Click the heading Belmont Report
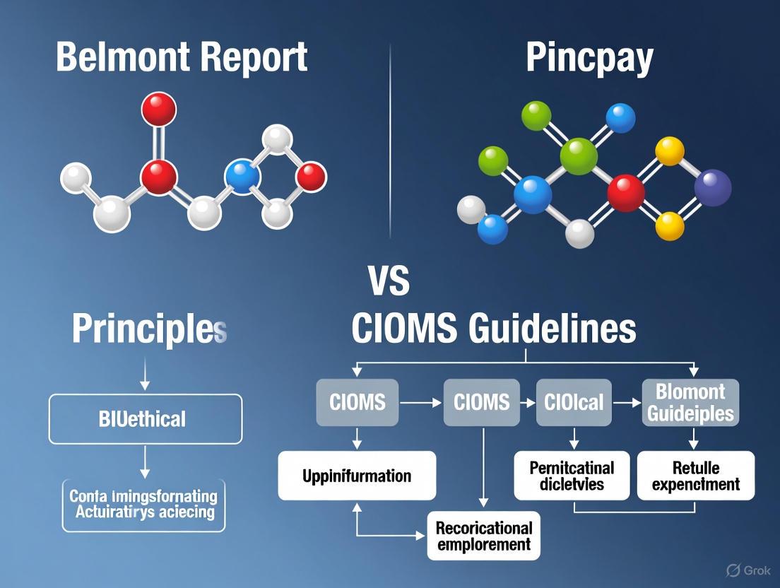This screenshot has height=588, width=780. (x=182, y=57)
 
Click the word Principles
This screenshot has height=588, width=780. (x=149, y=329)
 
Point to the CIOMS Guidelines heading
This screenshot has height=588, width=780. (x=493, y=329)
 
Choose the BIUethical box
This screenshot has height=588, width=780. (x=145, y=419)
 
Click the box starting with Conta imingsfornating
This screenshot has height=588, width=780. (x=143, y=505)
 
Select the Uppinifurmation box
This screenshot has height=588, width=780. (x=357, y=476)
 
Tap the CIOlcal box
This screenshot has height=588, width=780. (x=574, y=402)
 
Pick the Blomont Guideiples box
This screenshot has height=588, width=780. (x=690, y=402)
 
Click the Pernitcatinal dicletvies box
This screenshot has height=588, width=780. (x=572, y=476)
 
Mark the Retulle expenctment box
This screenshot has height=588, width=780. (x=695, y=476)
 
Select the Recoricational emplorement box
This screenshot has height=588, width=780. (x=483, y=536)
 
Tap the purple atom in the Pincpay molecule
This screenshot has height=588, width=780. (x=712, y=188)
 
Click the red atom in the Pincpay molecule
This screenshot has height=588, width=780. (x=625, y=192)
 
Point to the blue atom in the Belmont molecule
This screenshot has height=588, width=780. (x=241, y=177)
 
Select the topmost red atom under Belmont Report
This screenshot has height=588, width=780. (x=158, y=110)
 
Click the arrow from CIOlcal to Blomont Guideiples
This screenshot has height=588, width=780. (x=626, y=402)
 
